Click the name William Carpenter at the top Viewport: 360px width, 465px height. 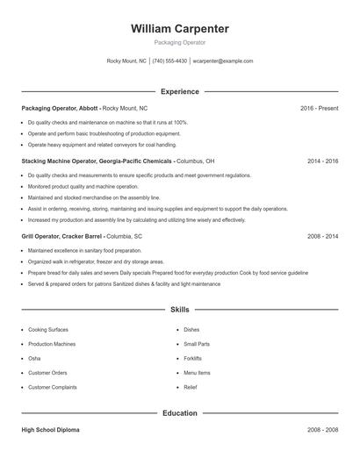179,29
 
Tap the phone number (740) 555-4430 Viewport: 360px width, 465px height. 169,61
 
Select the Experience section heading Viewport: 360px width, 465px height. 179,91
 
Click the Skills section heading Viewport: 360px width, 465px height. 179,310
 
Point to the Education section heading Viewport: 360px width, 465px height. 179,412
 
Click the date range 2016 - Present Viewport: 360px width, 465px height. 319,108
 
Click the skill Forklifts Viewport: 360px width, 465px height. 192,358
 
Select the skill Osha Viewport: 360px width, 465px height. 35,358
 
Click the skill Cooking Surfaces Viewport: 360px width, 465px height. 49,329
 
